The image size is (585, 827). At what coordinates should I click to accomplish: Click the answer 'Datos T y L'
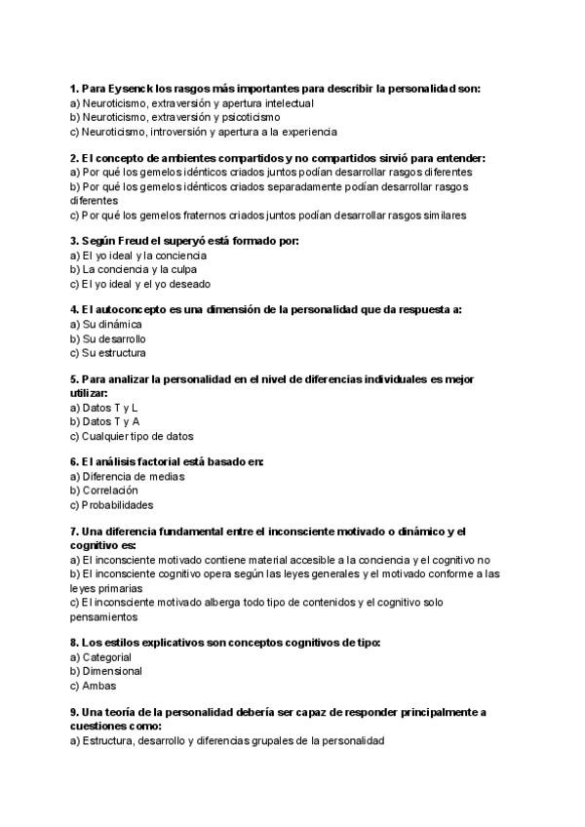[103, 407]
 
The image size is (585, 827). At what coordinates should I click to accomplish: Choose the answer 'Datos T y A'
[104, 421]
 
